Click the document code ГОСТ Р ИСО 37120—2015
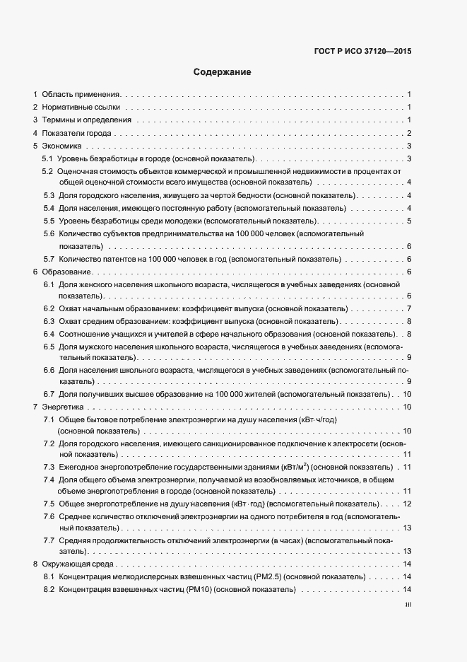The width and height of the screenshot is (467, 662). pos(362,51)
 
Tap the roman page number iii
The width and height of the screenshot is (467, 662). pos(408,605)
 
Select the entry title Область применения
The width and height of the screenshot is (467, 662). pos(82,94)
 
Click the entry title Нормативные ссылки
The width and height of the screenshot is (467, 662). pos(80,108)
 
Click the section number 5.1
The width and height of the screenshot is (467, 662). pos(48,158)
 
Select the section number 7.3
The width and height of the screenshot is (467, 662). pos(49,468)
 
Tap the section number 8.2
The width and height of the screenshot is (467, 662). pos(49,590)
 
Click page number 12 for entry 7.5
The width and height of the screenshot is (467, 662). pos(407,504)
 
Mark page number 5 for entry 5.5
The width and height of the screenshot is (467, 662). pos(409,221)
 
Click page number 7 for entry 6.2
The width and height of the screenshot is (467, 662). pos(409,309)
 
